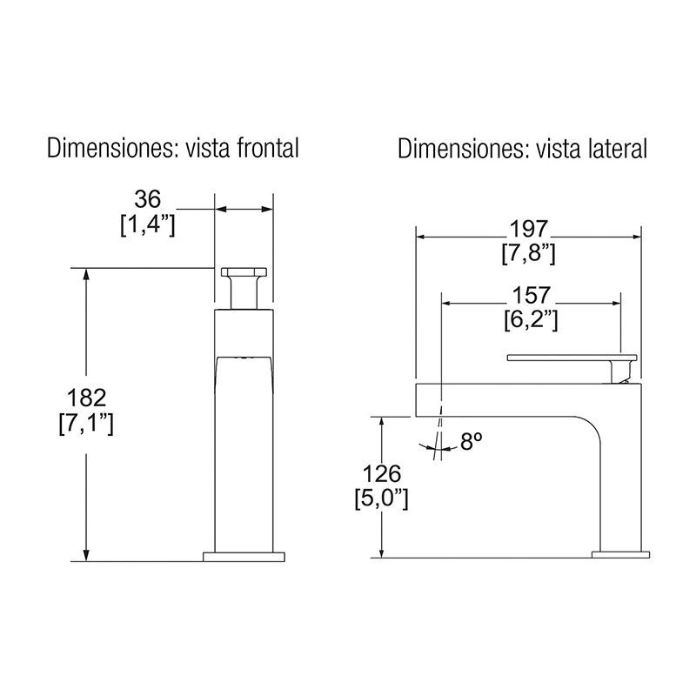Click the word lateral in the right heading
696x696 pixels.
point(616,149)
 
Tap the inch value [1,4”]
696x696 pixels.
point(148,225)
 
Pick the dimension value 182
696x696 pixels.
point(87,399)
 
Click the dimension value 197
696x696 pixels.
point(529,230)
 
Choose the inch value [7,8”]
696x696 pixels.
point(529,254)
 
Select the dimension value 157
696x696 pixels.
point(531,295)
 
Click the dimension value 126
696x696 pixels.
point(382,475)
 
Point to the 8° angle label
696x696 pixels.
point(471,443)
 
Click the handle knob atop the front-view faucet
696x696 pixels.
point(244,275)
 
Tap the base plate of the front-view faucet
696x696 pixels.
point(244,555)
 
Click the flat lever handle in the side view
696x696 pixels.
point(565,358)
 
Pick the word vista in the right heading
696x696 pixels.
point(559,149)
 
